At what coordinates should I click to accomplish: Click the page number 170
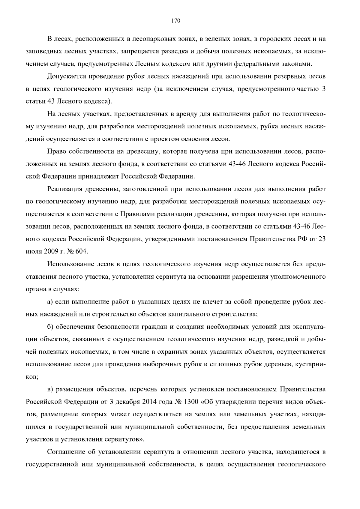pyautogui.click(x=175, y=21)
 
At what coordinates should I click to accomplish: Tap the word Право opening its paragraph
pyautogui.click(x=56, y=151)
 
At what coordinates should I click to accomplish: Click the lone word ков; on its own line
pyautogui.click(x=32, y=377)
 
